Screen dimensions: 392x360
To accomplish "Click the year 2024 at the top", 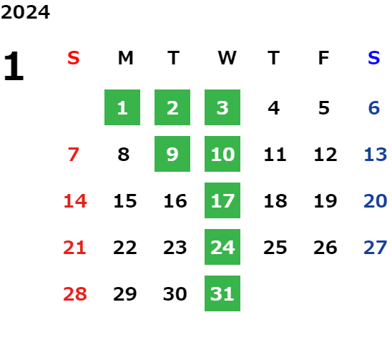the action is [x=25, y=12].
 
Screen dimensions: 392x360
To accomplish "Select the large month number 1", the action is [x=14, y=66].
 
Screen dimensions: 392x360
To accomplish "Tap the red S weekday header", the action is [x=74, y=58].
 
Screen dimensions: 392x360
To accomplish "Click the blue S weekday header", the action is [x=374, y=58].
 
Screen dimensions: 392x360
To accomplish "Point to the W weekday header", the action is [x=227, y=58].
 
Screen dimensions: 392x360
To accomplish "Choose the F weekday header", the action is [x=324, y=58].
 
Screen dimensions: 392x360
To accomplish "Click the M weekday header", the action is [x=125, y=58].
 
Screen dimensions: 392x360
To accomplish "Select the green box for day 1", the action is [x=122, y=107].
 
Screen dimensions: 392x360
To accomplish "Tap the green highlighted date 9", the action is [x=172, y=154].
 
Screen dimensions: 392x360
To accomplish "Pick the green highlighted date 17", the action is [x=222, y=200].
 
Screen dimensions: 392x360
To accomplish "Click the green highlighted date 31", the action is [x=222, y=293].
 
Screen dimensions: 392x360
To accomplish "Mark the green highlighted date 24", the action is [x=222, y=247].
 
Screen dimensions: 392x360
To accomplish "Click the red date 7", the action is [x=74, y=154].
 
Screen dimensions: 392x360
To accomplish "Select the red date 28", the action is [x=75, y=293].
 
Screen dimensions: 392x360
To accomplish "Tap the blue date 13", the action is [x=376, y=154].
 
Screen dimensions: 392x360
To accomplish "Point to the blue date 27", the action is [x=376, y=247].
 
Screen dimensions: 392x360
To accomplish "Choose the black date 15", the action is [x=125, y=200].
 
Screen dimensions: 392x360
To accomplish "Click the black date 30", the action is [x=175, y=293].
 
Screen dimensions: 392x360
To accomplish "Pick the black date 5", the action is [x=324, y=108].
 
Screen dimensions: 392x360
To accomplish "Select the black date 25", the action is [x=275, y=247].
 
